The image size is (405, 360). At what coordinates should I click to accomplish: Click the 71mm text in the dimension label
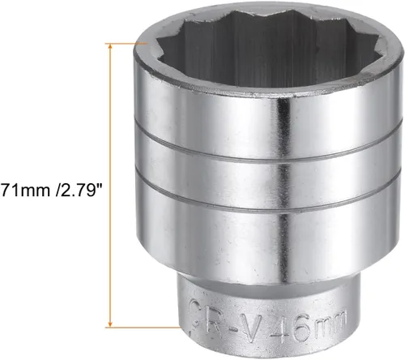26,191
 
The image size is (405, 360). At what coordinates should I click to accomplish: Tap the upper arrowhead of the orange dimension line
110,47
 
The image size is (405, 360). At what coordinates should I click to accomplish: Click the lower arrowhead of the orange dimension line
110,324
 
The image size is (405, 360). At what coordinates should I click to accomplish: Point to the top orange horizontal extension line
126,43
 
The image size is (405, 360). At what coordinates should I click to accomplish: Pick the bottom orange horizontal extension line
143,328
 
